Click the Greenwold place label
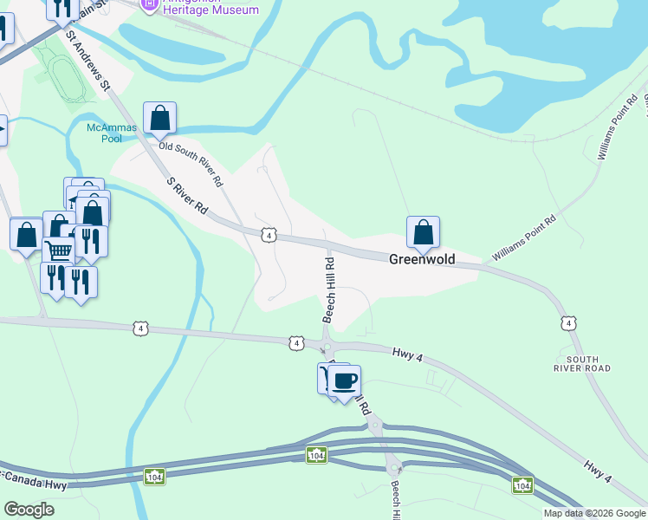coord(421,258)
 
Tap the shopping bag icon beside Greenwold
coord(423,231)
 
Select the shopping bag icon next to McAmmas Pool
coord(160,117)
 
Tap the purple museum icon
coord(148,4)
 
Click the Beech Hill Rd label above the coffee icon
coord(329,289)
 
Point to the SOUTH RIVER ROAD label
coord(588,363)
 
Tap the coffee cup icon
coord(344,380)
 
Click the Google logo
coord(29,510)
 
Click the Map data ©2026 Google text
coord(593,513)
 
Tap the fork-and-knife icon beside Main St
coord(62,9)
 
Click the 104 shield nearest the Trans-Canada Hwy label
coord(154,477)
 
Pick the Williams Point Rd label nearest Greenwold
coord(522,239)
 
